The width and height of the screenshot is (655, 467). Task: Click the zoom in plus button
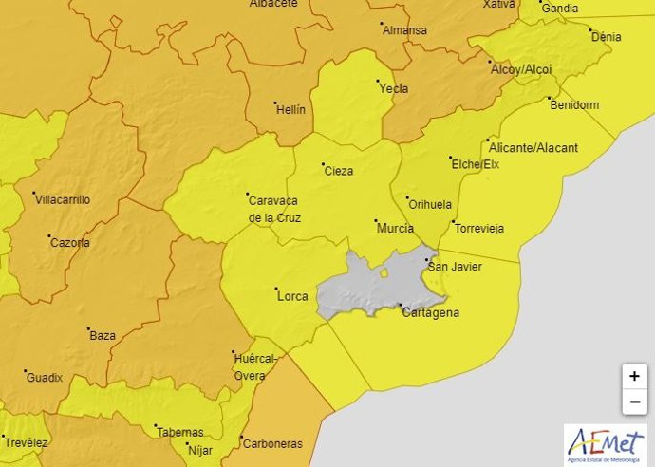pyautogui.click(x=633, y=376)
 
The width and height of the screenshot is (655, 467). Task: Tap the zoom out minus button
pyautogui.click(x=633, y=402)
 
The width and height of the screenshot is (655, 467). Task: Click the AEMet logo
pyautogui.click(x=604, y=443)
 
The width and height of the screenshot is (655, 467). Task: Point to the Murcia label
pyautogui.click(x=395, y=229)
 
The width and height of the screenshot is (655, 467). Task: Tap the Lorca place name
pyautogui.click(x=291, y=296)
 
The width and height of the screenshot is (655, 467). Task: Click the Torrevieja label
pyautogui.click(x=479, y=229)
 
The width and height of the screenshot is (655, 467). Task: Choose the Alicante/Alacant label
pyautogui.click(x=532, y=147)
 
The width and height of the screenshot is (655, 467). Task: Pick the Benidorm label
pyautogui.click(x=574, y=105)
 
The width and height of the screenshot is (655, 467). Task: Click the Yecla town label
pyautogui.click(x=393, y=89)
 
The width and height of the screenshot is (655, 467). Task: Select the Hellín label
pyautogui.click(x=290, y=110)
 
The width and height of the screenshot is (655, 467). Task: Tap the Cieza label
pyautogui.click(x=338, y=171)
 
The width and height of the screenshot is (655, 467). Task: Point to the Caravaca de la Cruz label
pyautogui.click(x=272, y=209)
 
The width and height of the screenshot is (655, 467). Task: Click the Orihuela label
pyautogui.click(x=429, y=204)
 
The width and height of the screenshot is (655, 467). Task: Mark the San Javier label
pyautogui.click(x=456, y=267)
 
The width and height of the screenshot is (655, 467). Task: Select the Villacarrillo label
pyautogui.click(x=62, y=200)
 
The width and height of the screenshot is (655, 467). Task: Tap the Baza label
pyautogui.click(x=102, y=336)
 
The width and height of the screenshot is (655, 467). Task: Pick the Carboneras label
pyautogui.click(x=272, y=443)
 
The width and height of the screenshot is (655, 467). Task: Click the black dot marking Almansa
pyautogui.click(x=382, y=24)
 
